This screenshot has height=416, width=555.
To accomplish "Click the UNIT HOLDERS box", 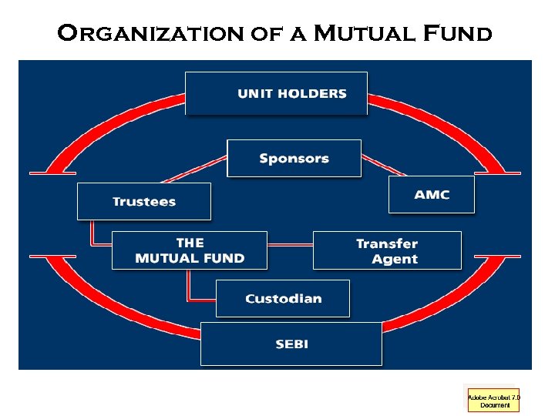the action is (x=276, y=93).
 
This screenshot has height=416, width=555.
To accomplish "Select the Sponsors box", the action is (x=294, y=158).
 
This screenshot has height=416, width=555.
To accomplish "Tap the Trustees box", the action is (x=143, y=201).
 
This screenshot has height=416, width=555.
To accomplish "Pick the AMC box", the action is (x=431, y=194).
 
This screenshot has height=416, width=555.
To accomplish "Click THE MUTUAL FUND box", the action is (x=189, y=250).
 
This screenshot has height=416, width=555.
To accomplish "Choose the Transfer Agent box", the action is (x=387, y=250).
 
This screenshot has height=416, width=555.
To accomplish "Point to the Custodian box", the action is (x=282, y=298).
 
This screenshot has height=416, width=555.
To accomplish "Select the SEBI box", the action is (x=291, y=344).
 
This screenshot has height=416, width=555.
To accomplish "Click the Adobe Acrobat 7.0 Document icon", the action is (x=493, y=401).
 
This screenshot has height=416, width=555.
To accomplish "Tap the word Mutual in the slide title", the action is (x=364, y=33).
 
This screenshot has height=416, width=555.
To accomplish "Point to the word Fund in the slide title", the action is (x=458, y=33).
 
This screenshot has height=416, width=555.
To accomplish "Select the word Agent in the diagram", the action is (x=395, y=260).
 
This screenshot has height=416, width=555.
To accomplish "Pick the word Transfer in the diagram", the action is (x=387, y=243).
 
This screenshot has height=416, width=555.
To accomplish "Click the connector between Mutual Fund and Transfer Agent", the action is (x=290, y=246).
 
